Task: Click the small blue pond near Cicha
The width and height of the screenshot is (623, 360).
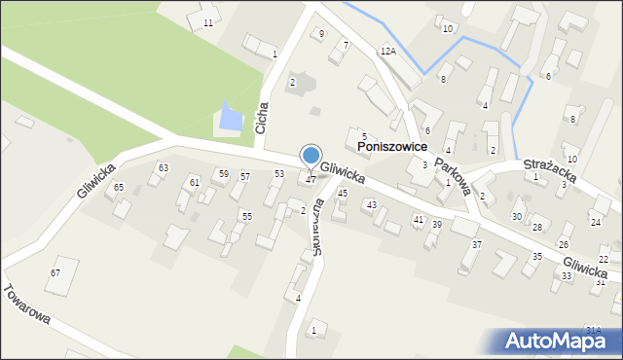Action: tap(231, 118)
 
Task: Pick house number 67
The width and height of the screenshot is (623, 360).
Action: tap(55, 272)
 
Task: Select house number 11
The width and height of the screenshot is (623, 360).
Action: tap(207, 22)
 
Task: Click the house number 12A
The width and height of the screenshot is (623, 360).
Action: tap(388, 50)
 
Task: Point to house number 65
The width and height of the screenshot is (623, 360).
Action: tap(119, 187)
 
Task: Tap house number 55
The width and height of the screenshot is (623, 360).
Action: tap(247, 216)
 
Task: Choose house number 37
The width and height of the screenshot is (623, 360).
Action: tap(477, 244)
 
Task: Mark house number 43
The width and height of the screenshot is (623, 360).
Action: tap(371, 205)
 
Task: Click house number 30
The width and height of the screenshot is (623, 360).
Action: tap(517, 216)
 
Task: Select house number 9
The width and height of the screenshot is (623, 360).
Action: tap(322, 34)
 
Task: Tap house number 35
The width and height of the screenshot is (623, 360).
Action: tap(536, 257)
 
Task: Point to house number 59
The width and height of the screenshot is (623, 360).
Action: tap(224, 174)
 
